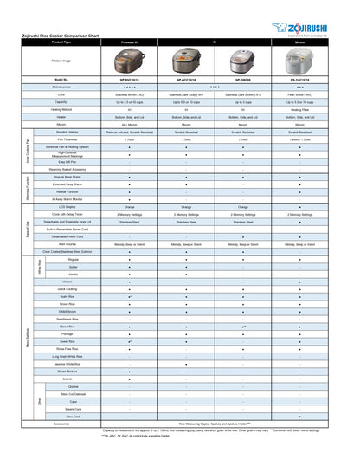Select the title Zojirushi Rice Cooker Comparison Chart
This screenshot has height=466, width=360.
click(61, 36)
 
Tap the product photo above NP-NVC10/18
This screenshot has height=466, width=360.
click(129, 60)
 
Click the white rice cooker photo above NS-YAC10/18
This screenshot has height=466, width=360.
click(300, 60)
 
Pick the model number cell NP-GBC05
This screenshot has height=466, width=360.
click(244, 80)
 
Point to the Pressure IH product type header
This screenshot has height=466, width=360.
click(129, 42)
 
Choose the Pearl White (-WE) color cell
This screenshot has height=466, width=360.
click(300, 94)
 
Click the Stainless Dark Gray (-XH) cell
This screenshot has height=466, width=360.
click(187, 94)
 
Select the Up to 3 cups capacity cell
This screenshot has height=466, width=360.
click(244, 102)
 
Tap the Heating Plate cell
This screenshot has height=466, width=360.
click(300, 110)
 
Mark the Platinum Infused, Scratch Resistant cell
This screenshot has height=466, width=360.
click(129, 132)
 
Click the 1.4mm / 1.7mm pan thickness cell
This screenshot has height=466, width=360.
click(300, 139)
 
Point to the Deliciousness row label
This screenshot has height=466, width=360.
click(61, 87)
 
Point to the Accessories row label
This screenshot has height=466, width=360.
click(61, 424)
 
